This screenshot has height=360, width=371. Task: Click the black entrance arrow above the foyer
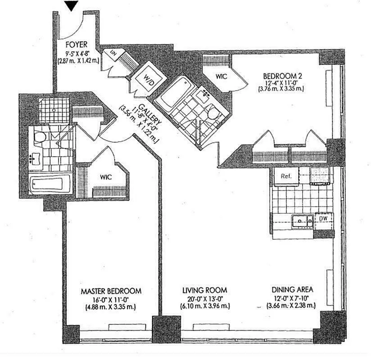[72, 6]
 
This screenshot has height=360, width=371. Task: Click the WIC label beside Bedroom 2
[221, 76]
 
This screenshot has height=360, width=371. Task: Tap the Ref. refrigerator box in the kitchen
[286, 176]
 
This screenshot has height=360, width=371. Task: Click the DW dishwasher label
[323, 219]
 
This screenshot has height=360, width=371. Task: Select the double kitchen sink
[303, 220]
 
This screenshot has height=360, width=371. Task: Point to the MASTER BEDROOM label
[111, 291]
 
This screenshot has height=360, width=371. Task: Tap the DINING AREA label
[292, 290]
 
